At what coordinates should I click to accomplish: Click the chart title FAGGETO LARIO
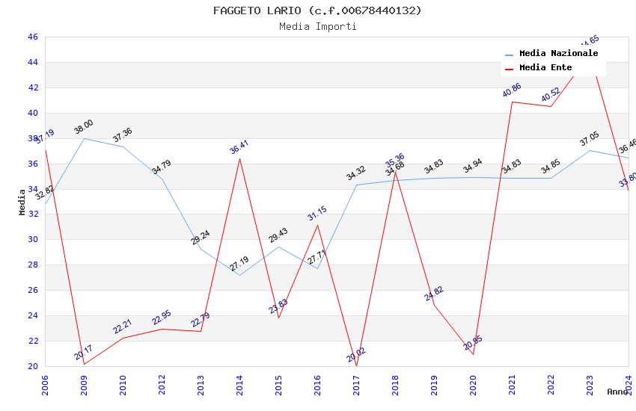317,10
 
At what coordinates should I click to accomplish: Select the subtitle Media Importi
317,26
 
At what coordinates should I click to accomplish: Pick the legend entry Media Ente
545,68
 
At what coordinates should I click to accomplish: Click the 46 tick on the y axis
32,37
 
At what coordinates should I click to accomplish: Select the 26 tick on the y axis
32,290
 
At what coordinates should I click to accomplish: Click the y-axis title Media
22,202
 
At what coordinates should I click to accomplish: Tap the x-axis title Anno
617,392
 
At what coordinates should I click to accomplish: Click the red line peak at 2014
239,158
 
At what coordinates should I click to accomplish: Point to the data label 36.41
239,146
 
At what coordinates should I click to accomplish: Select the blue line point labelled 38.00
84,138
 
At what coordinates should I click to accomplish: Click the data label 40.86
512,90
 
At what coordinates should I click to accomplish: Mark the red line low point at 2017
356,365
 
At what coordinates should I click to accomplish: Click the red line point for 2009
84,364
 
